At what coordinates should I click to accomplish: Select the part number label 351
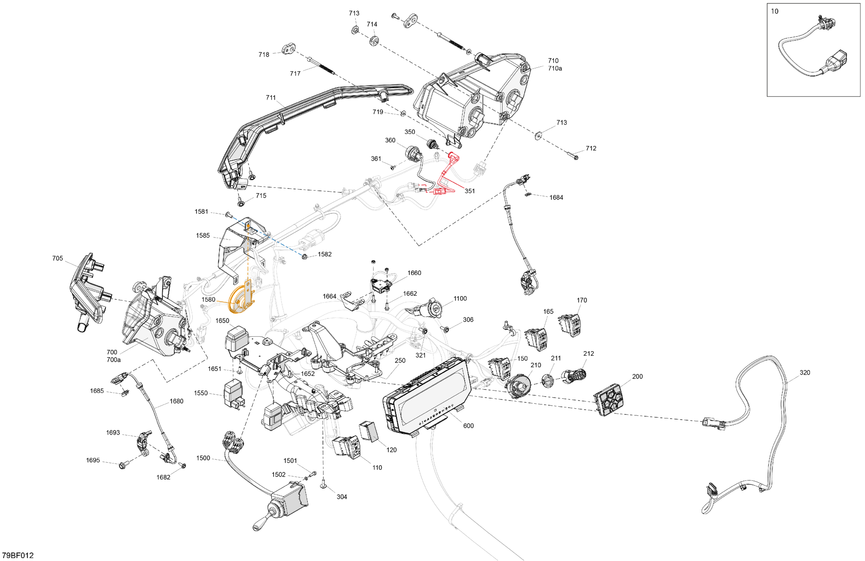click(x=469, y=191)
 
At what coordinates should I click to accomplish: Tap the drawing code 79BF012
click(x=18, y=555)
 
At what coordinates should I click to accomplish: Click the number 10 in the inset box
click(x=775, y=11)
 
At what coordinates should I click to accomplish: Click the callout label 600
click(x=468, y=425)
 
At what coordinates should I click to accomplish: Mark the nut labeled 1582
click(x=304, y=257)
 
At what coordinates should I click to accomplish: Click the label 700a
click(x=113, y=360)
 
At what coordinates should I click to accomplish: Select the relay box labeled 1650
click(x=237, y=338)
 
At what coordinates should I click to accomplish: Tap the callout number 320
click(x=805, y=372)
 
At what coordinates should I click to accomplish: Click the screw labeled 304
click(x=323, y=485)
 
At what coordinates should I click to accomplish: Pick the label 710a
click(x=555, y=68)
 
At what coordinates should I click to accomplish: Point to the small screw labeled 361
click(x=393, y=168)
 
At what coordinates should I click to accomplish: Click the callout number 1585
click(x=203, y=235)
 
